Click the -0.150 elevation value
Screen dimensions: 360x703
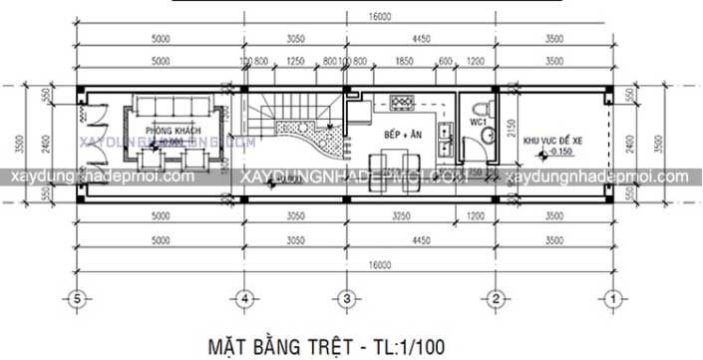554,155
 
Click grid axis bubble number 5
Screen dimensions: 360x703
74,297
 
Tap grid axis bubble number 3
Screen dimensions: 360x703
345,297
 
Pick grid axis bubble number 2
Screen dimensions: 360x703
495,297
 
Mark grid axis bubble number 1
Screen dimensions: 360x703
614,297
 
